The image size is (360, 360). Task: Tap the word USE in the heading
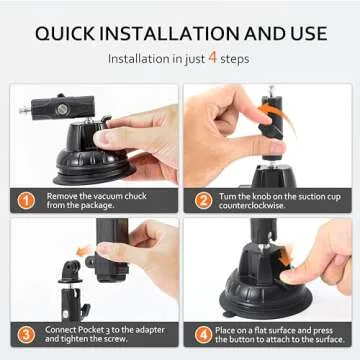pos(303,33)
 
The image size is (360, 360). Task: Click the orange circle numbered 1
pos(27,199)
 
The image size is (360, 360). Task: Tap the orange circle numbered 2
pos(204,199)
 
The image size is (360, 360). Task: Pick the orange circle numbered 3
pos(27,334)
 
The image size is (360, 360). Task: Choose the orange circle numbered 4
pos(204,334)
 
